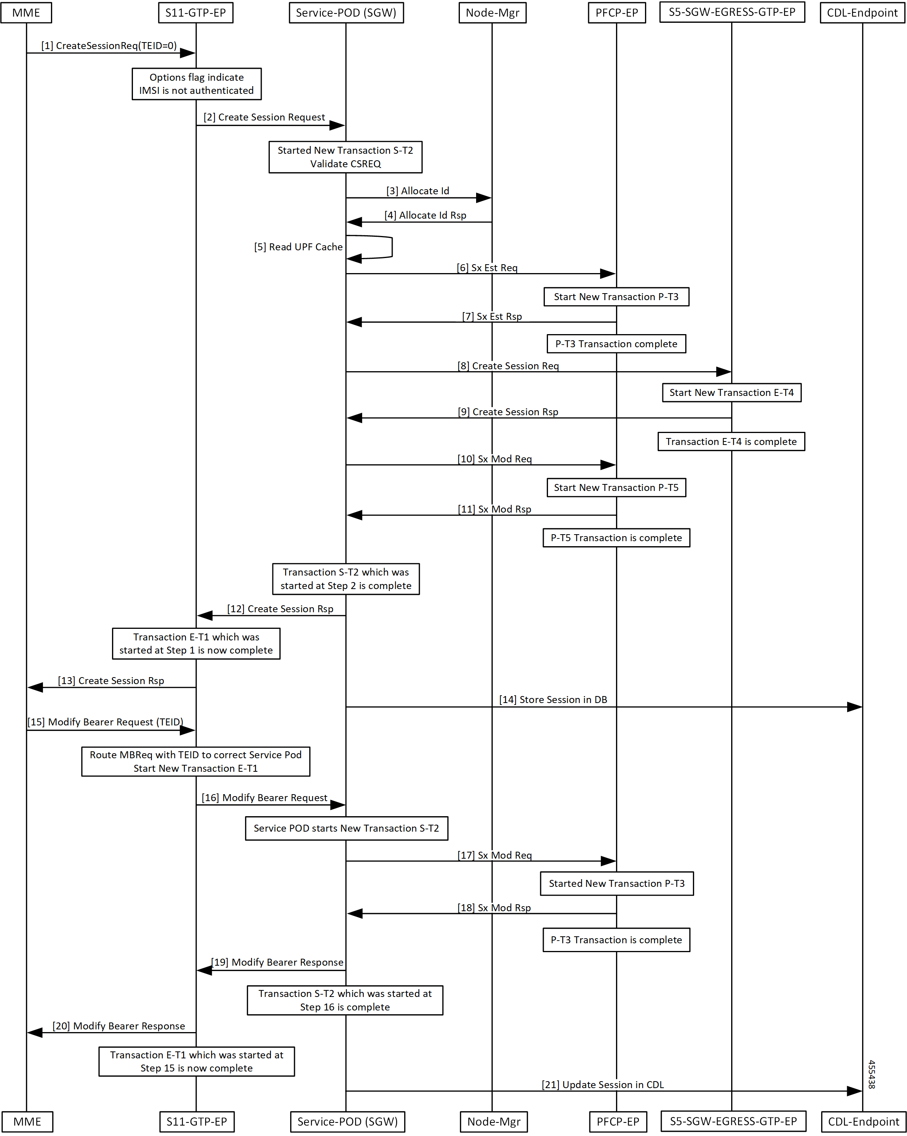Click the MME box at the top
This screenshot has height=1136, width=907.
pyautogui.click(x=26, y=13)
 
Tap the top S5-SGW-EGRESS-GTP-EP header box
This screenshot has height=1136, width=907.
pyautogui.click(x=732, y=12)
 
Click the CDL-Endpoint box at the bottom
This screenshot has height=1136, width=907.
pyautogui.click(x=863, y=1122)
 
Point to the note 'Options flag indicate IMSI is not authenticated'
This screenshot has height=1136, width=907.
pyautogui.click(x=197, y=84)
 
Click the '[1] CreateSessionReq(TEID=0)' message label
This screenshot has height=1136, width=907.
pyautogui.click(x=109, y=46)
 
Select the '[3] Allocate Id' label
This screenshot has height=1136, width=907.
pyautogui.click(x=418, y=191)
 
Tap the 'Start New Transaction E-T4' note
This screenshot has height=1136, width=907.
pyautogui.click(x=732, y=392)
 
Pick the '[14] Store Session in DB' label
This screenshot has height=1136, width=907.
pyautogui.click(x=553, y=700)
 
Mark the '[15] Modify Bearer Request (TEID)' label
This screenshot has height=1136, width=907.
pyautogui.click(x=106, y=722)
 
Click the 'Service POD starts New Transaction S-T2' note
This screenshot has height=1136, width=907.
pyautogui.click(x=346, y=828)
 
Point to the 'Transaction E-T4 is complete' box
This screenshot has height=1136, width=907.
pyautogui.click(x=731, y=441)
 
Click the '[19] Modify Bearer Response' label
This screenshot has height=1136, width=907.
pyautogui.click(x=277, y=962)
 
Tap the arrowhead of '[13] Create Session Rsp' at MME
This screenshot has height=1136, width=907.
pyautogui.click(x=29, y=687)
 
